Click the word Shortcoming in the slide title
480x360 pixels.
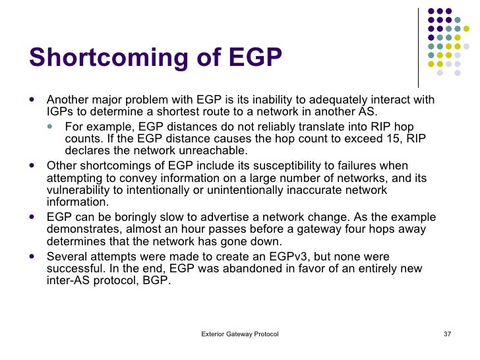tap(118, 57)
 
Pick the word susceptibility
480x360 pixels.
tap(280, 166)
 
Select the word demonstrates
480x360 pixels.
tap(79, 229)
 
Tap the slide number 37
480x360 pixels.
tap(447, 334)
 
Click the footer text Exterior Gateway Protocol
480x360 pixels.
tap(240, 334)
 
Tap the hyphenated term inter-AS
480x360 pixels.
tap(68, 281)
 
